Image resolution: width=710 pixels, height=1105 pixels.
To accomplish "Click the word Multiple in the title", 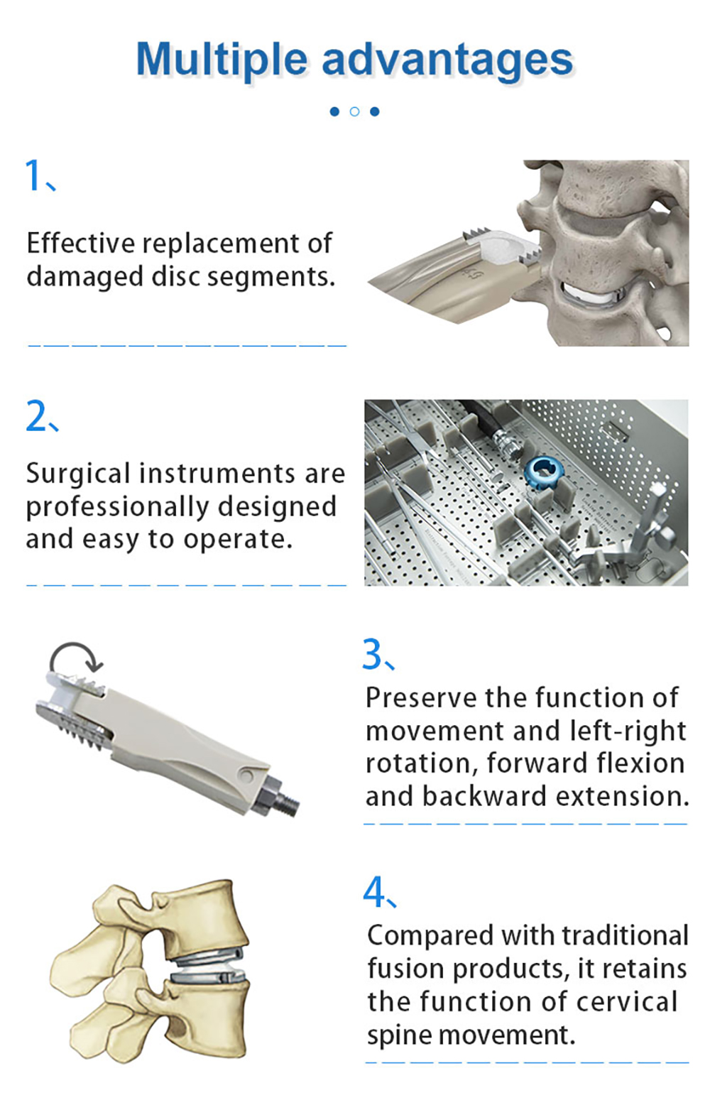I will (222, 59).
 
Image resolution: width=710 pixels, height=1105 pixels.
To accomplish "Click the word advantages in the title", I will (447, 60).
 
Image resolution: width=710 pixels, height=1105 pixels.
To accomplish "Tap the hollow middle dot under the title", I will (355, 111).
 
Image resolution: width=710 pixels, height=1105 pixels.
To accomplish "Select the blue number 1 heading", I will (34, 175).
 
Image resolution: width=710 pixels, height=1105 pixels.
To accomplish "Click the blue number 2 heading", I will (36, 416).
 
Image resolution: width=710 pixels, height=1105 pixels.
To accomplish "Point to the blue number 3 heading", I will (373, 654).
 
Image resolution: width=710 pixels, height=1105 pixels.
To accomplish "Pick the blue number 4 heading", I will (374, 892).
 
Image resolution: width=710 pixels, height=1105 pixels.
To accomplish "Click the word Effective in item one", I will (80, 244).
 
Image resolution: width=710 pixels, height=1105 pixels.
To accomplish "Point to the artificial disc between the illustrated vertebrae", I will (209, 964).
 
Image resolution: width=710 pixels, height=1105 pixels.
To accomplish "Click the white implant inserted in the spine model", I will (588, 295).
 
